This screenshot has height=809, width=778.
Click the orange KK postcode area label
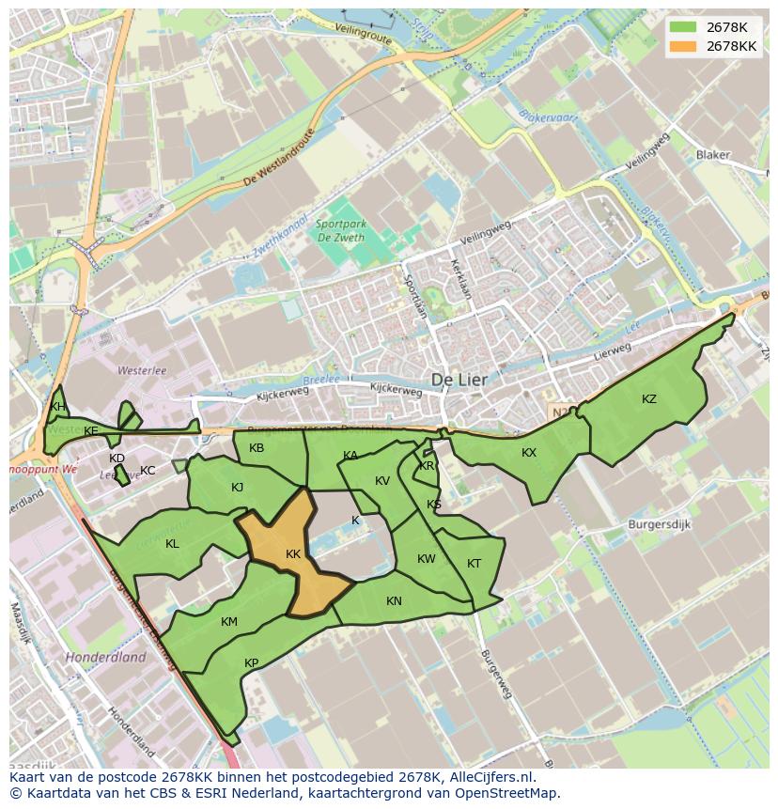(x=293, y=554)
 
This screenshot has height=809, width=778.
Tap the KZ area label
(x=649, y=399)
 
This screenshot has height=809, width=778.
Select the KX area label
(x=529, y=453)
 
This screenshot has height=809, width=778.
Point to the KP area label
(x=252, y=663)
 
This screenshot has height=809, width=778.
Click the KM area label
(x=229, y=622)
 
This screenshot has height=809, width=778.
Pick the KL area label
(x=172, y=544)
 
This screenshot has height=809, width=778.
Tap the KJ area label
(x=237, y=488)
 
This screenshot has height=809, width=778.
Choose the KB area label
(x=257, y=448)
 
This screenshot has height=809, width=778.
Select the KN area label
(x=394, y=601)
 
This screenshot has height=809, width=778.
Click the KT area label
(x=474, y=564)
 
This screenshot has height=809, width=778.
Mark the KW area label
(x=427, y=559)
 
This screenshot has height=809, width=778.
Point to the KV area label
(x=382, y=481)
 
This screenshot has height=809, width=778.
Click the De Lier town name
(x=462, y=379)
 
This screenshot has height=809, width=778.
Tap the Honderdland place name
(x=105, y=658)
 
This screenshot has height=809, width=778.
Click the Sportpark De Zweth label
(x=341, y=230)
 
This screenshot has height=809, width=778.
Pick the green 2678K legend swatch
(x=683, y=27)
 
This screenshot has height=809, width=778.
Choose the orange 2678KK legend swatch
(x=683, y=46)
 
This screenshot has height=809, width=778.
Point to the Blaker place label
(x=713, y=155)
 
